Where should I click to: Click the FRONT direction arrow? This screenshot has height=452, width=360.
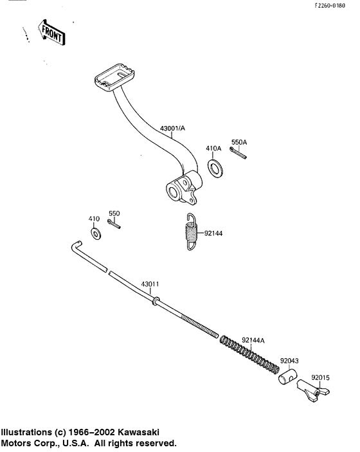click(x=51, y=32)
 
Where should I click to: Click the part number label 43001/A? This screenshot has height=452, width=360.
click(x=172, y=129)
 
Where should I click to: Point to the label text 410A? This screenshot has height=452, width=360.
click(x=213, y=148)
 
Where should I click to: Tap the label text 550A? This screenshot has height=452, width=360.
click(x=239, y=141)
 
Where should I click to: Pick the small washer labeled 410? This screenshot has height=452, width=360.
click(x=96, y=233)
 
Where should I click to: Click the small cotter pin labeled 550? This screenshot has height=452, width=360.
click(x=114, y=224)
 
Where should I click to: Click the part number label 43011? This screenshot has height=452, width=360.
click(x=150, y=284)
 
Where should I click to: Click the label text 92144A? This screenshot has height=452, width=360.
click(x=254, y=339)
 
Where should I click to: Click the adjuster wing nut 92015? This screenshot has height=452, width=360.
click(x=314, y=390)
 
